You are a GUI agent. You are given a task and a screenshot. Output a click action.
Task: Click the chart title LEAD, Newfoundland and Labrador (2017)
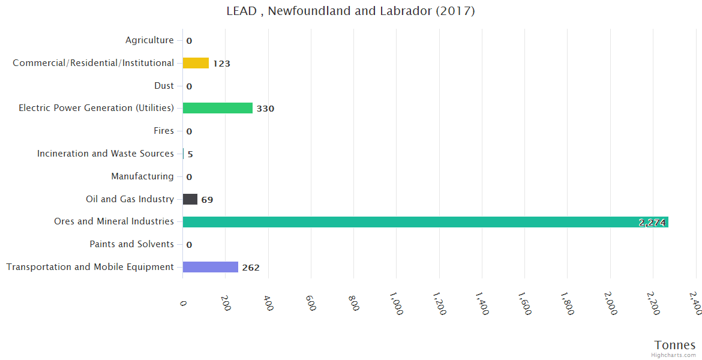[x=350, y=11]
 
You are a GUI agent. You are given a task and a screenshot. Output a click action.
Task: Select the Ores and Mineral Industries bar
[x=425, y=222]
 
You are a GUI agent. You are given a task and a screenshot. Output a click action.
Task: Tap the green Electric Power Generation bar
[x=217, y=108]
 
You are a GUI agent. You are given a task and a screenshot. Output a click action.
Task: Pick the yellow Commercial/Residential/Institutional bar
[x=196, y=63]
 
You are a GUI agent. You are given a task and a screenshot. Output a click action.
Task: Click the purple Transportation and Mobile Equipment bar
[x=210, y=267]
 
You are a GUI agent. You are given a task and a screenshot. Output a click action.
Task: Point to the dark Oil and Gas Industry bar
[x=190, y=199]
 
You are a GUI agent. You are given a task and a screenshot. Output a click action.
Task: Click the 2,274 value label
[x=652, y=223]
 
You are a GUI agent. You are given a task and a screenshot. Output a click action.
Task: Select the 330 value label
[x=265, y=109]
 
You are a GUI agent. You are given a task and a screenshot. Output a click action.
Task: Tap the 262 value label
[x=251, y=268]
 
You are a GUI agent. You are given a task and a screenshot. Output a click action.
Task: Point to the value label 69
[x=207, y=200]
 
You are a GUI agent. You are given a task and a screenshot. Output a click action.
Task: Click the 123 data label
[x=221, y=64]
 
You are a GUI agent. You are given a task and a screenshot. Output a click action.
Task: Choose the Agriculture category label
[x=149, y=40]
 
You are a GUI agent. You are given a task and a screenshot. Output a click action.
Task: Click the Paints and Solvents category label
[x=131, y=244]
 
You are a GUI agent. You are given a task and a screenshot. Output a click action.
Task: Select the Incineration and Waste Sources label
[x=106, y=154]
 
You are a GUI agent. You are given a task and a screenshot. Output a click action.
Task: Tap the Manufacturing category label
[x=142, y=176]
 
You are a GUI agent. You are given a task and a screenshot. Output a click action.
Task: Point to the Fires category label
[x=164, y=131]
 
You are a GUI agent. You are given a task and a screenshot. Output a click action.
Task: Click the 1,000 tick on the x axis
[x=396, y=304]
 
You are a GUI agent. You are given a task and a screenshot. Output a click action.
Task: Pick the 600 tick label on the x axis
[x=310, y=302]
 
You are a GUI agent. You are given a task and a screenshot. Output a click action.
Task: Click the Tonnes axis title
[x=675, y=345]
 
